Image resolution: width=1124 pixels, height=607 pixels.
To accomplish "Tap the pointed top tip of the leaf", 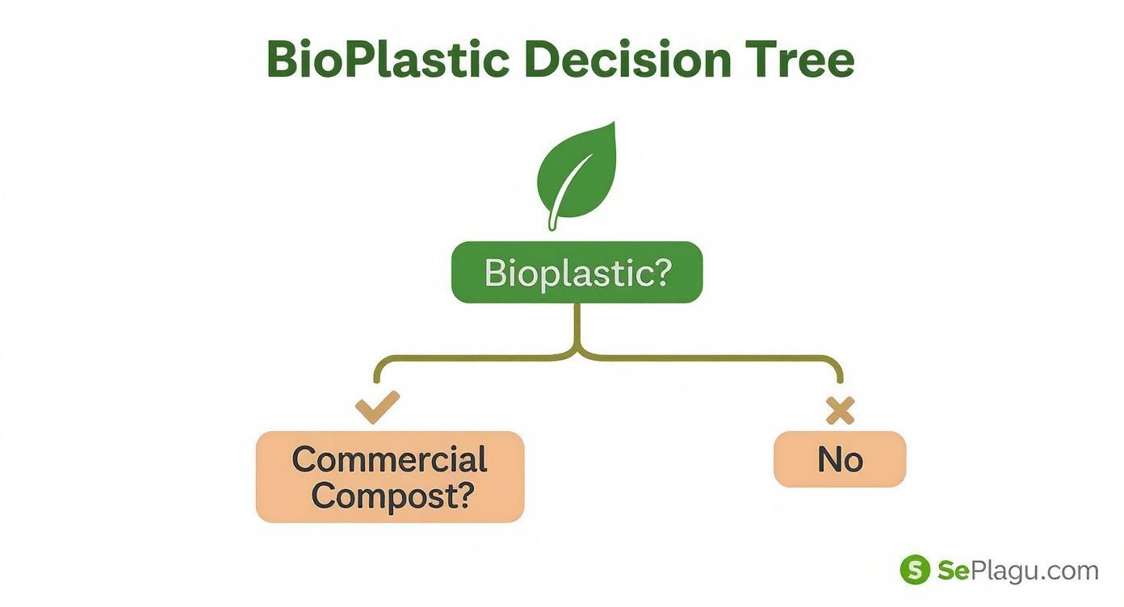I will click(613, 124).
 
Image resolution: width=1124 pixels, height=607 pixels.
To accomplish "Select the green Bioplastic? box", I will click(577, 273).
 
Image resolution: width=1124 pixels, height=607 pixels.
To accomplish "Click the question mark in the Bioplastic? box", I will click(661, 273).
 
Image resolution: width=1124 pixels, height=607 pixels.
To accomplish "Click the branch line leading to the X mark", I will click(711, 357).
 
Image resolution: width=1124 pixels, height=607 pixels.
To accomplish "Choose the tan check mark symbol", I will click(377, 406).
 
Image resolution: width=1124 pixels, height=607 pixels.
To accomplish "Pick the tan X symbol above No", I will click(840, 411).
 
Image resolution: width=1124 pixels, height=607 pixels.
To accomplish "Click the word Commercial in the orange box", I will click(389, 459).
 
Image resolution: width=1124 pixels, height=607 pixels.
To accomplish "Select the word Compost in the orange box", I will click(377, 495).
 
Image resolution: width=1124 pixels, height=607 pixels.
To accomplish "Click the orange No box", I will click(840, 459).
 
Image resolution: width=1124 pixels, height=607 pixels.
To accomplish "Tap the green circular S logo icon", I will click(915, 570).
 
